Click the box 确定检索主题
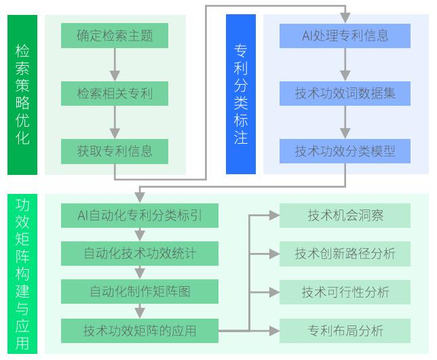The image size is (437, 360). (114, 35)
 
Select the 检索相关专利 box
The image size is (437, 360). (114, 93)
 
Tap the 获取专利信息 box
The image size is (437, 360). (114, 151)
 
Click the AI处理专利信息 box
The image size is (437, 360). (345, 35)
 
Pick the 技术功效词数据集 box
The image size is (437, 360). (345, 93)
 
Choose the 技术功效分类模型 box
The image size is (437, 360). (345, 151)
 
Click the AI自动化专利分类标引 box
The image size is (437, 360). (140, 216)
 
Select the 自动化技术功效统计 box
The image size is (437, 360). (140, 254)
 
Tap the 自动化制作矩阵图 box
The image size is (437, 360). (140, 292)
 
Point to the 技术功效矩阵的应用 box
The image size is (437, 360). (140, 331)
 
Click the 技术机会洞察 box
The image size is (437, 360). (345, 216)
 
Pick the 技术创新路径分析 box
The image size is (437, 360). (345, 254)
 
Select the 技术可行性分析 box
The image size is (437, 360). (345, 292)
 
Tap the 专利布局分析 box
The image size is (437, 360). (345, 331)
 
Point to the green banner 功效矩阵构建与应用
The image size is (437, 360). (22, 273)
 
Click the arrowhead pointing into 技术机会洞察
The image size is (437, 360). (274, 216)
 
